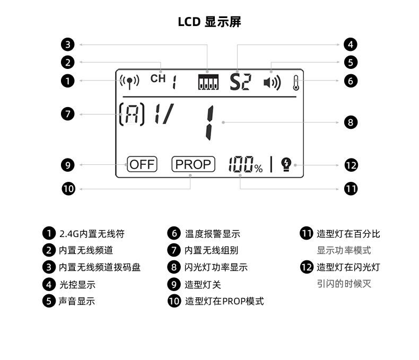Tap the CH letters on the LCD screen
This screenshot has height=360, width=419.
pos(158,79)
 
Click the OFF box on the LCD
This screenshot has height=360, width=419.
pos(142,164)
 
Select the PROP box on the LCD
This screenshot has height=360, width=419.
pos(193,164)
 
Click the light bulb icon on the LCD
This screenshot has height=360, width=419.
pos(286,164)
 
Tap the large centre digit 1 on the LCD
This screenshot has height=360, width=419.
pos(210,123)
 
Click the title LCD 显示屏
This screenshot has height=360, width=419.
pos(210,22)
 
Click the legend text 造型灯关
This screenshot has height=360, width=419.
pos(203,285)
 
